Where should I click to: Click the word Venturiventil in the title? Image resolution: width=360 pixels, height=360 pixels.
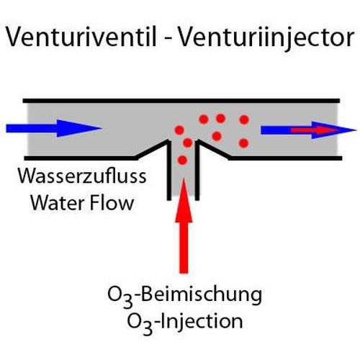pos(81,37)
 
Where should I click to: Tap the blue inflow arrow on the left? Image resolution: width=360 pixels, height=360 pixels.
pos(54,128)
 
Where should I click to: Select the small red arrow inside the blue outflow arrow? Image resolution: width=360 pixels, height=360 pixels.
pos(315,130)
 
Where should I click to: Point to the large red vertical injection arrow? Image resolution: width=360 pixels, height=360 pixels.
pos(184,225)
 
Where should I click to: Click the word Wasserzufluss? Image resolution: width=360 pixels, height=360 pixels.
pos(82,176)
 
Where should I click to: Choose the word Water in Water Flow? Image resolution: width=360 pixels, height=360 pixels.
pos(58,203)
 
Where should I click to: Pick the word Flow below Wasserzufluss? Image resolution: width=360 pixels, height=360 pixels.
pos(112,203)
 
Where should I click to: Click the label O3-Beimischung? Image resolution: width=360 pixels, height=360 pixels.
pos(184,296)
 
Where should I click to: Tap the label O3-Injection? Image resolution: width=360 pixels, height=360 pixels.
pos(185,323)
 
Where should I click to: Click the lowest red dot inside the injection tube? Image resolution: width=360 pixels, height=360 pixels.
pos(182,160)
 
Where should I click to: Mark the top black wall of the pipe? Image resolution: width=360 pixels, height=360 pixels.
pos(181,101)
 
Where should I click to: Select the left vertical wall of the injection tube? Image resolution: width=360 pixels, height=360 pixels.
pos(169,170)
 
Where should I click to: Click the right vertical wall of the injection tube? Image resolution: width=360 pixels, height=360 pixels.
pos(197,170)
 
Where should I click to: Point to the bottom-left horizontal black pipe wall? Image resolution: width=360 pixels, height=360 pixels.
pos(81,158)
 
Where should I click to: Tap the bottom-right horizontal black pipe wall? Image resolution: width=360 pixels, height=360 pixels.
pos(286,158)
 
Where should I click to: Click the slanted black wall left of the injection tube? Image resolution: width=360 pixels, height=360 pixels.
pos(152,150)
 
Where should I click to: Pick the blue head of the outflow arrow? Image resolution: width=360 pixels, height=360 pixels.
pos(333,130)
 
